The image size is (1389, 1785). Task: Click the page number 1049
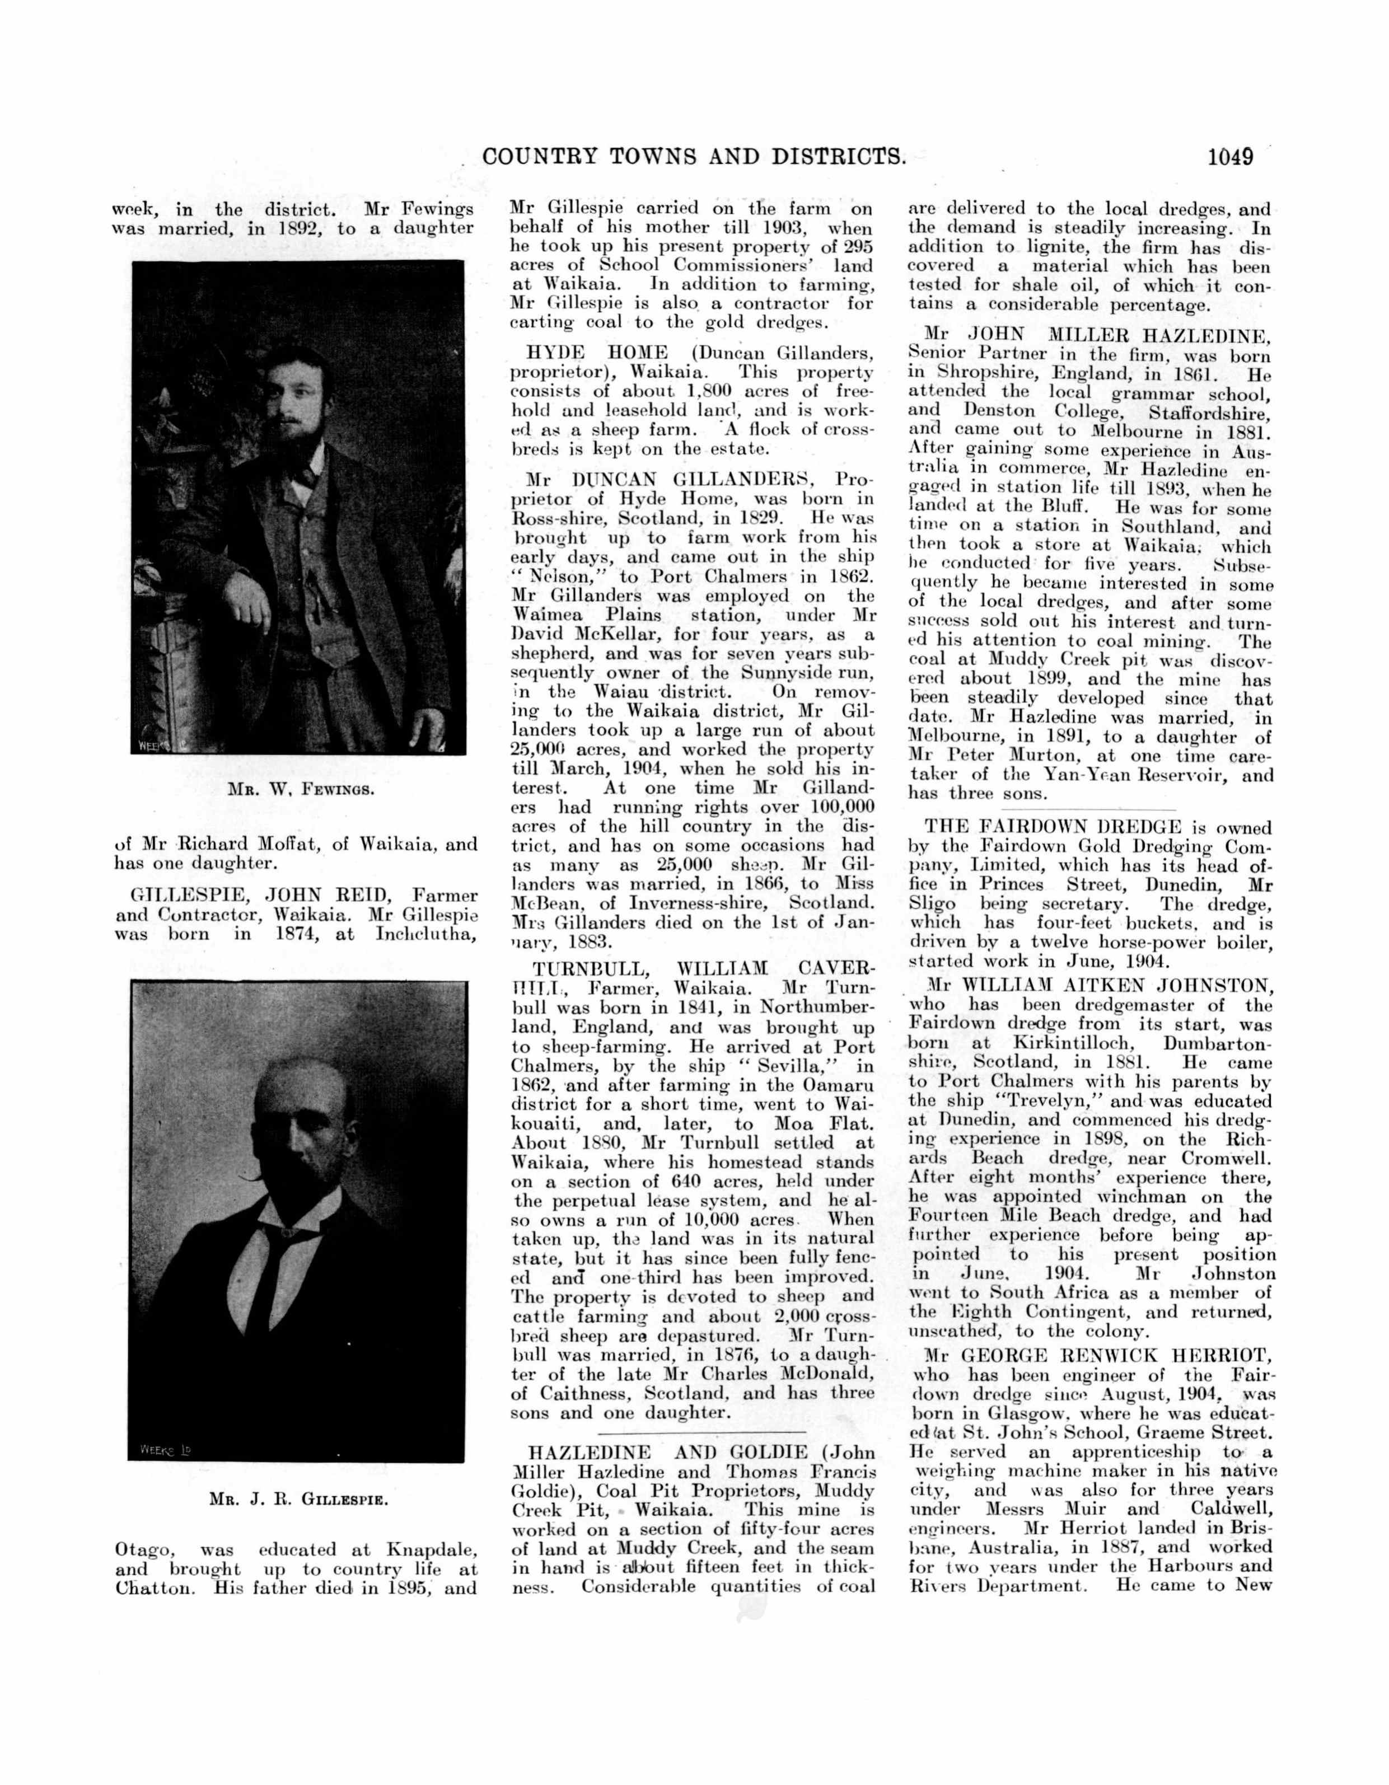click(x=1229, y=156)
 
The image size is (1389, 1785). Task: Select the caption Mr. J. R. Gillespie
click(x=298, y=1500)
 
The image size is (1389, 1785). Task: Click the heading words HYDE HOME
click(x=597, y=353)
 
